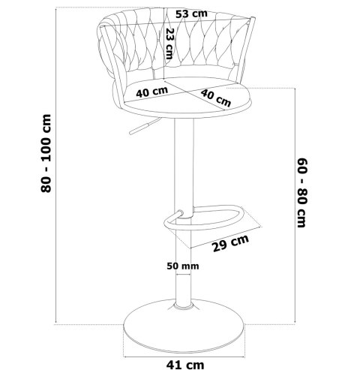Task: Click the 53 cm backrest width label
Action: pos(191,14)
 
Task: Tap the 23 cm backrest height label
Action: pos(169,44)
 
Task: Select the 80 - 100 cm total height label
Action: pos(46,153)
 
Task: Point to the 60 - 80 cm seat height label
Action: pos(301,193)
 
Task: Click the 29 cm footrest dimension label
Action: pos(230,243)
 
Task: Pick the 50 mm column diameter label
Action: pos(183,266)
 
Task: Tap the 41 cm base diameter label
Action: pos(185,365)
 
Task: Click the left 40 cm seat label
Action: pos(151,92)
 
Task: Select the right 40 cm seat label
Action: pos(216,98)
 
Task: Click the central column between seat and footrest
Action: pos(184,164)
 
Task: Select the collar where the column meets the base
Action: pos(184,305)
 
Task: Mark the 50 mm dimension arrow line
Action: pos(183,275)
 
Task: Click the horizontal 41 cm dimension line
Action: pos(184,357)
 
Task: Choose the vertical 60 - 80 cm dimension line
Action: pos(295,205)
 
